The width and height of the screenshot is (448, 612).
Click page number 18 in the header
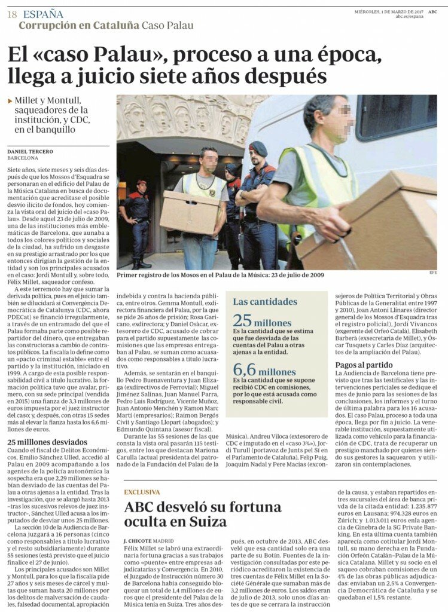click(x=11, y=14)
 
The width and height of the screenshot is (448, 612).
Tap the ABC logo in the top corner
click(x=432, y=11)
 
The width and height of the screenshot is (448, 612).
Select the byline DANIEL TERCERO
click(x=30, y=152)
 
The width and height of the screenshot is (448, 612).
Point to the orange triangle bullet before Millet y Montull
click(x=10, y=101)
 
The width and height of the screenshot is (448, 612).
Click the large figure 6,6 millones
click(x=264, y=371)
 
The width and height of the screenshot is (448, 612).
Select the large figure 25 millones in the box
click(x=262, y=321)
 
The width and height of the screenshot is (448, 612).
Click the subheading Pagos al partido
click(x=364, y=365)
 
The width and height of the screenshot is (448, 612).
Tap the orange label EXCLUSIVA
click(x=142, y=492)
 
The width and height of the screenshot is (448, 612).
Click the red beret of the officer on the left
click(x=141, y=182)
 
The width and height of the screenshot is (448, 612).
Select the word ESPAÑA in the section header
click(x=43, y=14)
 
